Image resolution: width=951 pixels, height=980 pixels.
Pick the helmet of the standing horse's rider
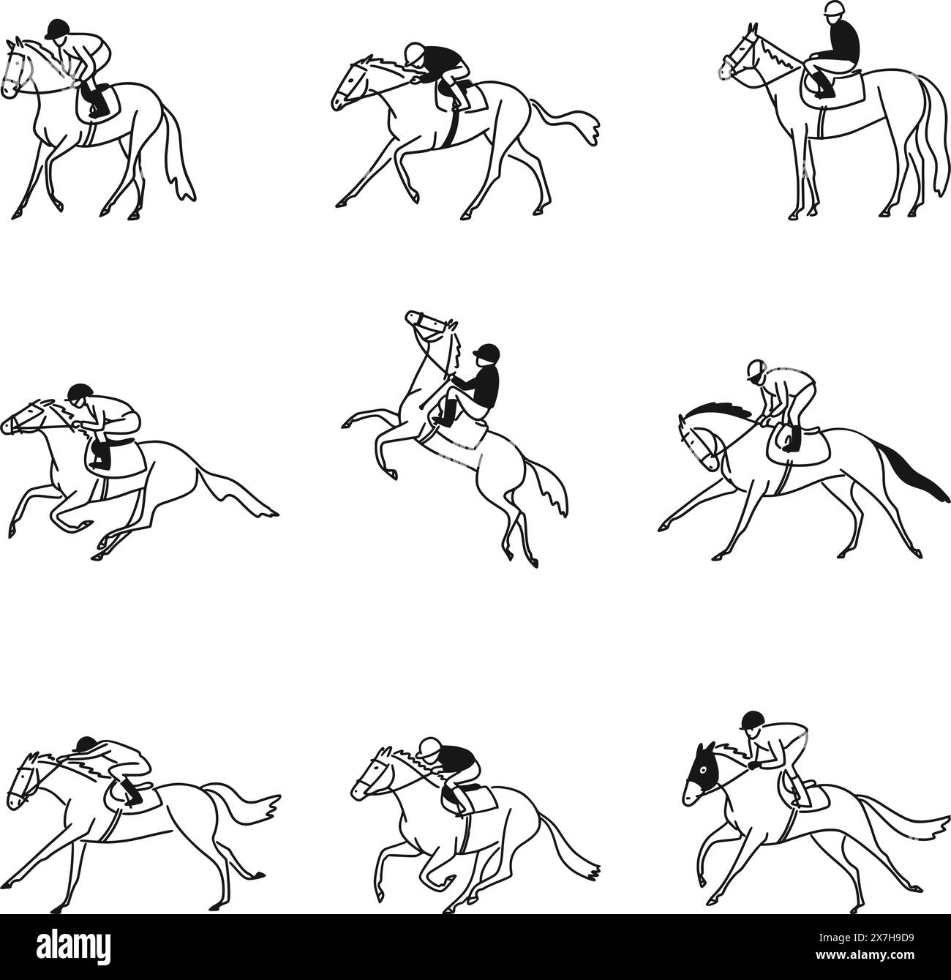point(832,10)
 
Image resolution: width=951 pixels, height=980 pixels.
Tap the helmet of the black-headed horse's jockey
point(751,719)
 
